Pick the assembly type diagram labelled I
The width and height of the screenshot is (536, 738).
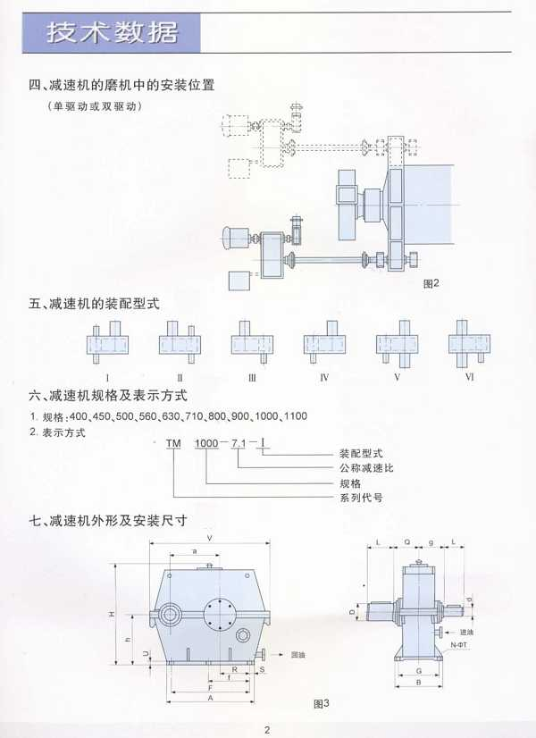(x=107, y=343)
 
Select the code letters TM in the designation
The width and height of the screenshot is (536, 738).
(x=172, y=443)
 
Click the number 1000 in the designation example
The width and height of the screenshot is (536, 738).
(x=207, y=443)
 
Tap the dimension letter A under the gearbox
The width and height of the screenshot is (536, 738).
(x=209, y=700)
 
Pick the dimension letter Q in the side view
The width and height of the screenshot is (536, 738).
(x=407, y=542)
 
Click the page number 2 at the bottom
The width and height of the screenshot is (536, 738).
(x=267, y=727)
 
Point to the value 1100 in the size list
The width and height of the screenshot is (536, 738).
(x=294, y=416)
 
